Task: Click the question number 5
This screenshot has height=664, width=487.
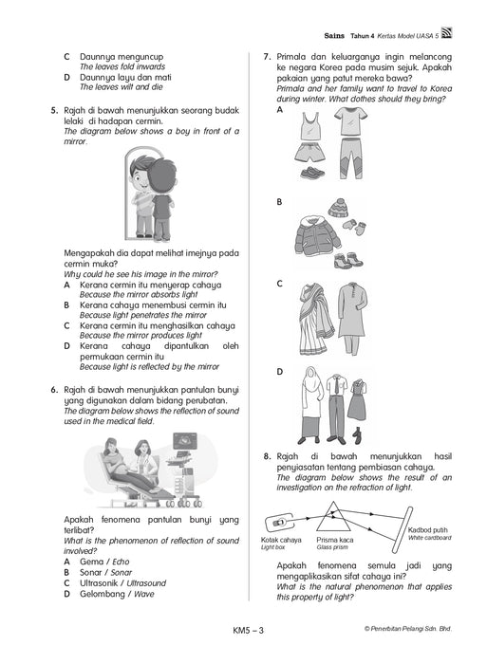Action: pyautogui.click(x=54, y=111)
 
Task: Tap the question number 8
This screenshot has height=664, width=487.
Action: pyautogui.click(x=267, y=456)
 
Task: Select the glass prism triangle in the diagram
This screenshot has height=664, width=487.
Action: pyautogui.click(x=333, y=516)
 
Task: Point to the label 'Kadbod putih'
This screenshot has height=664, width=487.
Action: pyautogui.click(x=427, y=529)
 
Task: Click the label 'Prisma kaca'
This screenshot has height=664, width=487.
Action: pyautogui.click(x=334, y=540)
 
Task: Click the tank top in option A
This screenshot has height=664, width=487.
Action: pyautogui.click(x=310, y=125)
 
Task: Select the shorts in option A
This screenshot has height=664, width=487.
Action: pyautogui.click(x=313, y=153)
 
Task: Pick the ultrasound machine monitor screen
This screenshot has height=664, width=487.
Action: pyautogui.click(x=185, y=440)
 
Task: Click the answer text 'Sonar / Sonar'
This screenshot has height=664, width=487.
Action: pyautogui.click(x=106, y=573)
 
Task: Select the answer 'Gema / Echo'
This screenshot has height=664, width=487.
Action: pyautogui.click(x=104, y=562)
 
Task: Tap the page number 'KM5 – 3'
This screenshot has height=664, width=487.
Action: pyautogui.click(x=248, y=630)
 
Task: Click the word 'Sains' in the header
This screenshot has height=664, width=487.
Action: pyautogui.click(x=334, y=36)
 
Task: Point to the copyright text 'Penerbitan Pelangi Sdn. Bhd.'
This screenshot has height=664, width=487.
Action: pyautogui.click(x=411, y=629)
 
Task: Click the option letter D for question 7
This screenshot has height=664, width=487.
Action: pyautogui.click(x=280, y=372)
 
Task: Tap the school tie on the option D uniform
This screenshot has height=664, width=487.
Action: pyautogui.click(x=337, y=385)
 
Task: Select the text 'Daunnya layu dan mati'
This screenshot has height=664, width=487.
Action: pyautogui.click(x=125, y=78)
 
